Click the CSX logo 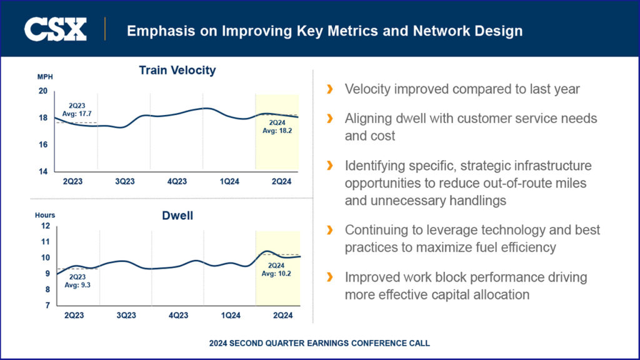click(55, 29)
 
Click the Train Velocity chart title click(177, 70)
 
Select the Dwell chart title click(177, 216)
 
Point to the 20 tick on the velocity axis click(43, 91)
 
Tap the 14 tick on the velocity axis click(43, 171)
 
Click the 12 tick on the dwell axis click(45, 226)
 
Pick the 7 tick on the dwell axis click(47, 306)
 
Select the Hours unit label click(44, 215)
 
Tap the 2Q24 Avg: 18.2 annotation click(277, 126)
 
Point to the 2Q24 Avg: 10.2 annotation click(277, 269)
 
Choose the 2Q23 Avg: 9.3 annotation click(77, 281)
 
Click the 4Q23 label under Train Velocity click(177, 181)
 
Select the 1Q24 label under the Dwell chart click(230, 316)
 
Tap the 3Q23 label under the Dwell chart click(125, 316)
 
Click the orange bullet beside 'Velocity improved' click(329, 89)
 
